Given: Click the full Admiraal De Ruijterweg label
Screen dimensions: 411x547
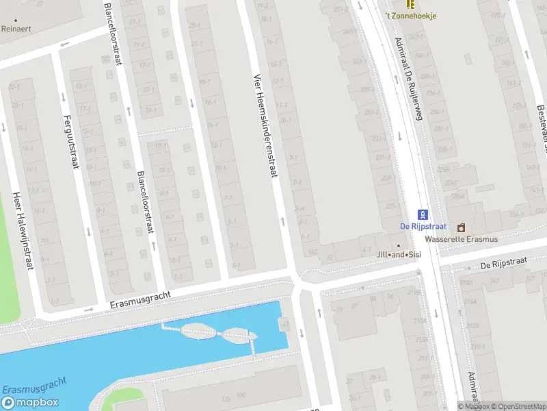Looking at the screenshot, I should [x=410, y=77].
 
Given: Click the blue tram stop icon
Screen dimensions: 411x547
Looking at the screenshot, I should [x=423, y=214].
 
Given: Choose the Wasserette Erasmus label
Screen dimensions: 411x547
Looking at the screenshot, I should [x=461, y=239].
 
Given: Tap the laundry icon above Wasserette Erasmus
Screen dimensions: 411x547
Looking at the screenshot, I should [x=461, y=227].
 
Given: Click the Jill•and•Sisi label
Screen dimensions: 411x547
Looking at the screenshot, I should [x=399, y=255].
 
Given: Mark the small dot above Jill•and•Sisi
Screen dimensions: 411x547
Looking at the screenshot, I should [x=399, y=246].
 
